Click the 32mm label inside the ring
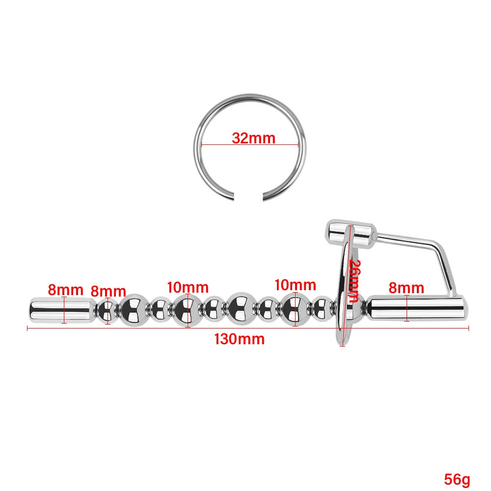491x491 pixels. click(x=253, y=138)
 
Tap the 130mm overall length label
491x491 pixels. click(x=239, y=339)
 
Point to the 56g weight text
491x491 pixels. click(x=457, y=478)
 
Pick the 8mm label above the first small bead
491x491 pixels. click(x=108, y=292)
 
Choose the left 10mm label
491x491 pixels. click(x=188, y=287)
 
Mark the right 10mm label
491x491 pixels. click(x=295, y=285)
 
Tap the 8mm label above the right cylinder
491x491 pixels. click(x=406, y=287)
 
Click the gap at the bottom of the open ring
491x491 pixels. click(x=249, y=198)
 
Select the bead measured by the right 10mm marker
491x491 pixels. click(x=295, y=309)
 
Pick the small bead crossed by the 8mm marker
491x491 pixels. click(x=108, y=310)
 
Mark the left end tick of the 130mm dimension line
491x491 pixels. click(x=27, y=327)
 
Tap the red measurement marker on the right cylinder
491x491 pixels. click(x=407, y=309)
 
